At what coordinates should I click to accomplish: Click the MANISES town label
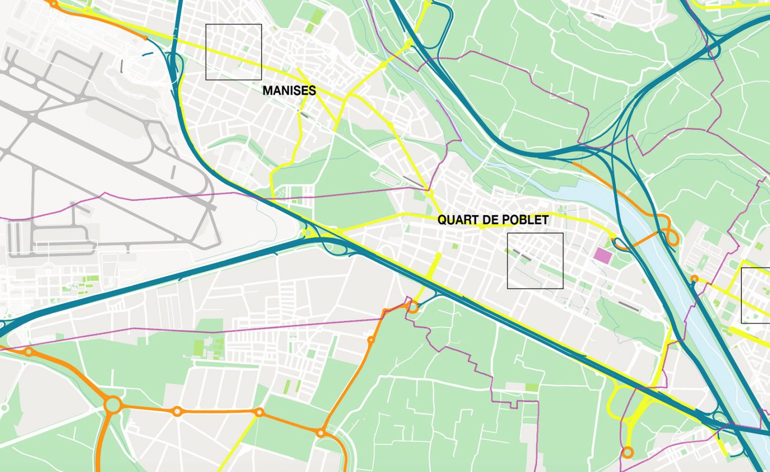[x=289, y=91]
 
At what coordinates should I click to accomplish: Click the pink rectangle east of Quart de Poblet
[x=603, y=255]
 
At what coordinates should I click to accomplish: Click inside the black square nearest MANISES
[x=234, y=52]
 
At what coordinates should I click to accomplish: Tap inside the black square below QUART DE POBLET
[x=535, y=261]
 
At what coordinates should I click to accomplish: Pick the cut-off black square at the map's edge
[x=756, y=296]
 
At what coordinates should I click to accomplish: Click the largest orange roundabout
[x=113, y=404]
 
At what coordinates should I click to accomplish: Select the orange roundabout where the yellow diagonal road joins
[x=259, y=412]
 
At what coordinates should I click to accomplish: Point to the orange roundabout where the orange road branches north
[x=321, y=432]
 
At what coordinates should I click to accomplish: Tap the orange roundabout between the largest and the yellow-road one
[x=176, y=411]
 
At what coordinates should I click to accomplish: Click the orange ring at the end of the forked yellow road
[x=627, y=453]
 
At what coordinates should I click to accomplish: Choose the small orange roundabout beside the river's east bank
[x=694, y=279]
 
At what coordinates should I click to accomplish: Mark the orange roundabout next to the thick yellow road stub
[x=413, y=306]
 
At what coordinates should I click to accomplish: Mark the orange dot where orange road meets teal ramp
[x=145, y=38]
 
